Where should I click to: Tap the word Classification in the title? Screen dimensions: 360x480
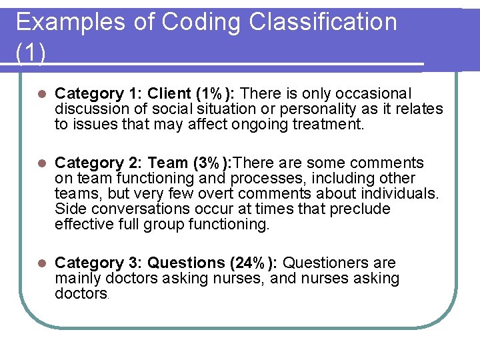click(323, 23)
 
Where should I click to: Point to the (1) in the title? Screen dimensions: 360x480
click(31, 53)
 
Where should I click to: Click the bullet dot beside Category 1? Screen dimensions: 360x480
click(41, 94)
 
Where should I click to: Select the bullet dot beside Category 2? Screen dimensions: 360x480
click(41, 163)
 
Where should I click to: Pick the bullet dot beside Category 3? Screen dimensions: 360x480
click(41, 263)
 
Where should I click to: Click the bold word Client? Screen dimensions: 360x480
click(167, 93)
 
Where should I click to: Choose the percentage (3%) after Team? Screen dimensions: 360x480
click(211, 163)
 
